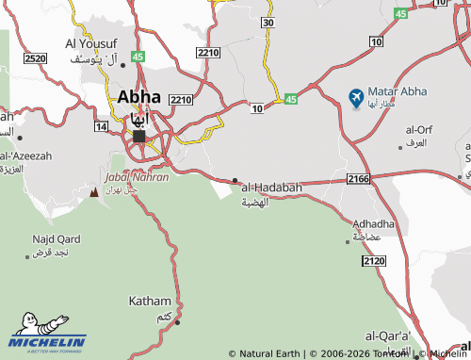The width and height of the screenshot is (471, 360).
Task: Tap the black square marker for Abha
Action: (x=139, y=136)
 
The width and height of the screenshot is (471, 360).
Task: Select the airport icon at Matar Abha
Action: (x=355, y=97)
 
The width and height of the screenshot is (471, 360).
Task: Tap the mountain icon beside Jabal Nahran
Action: (x=93, y=191)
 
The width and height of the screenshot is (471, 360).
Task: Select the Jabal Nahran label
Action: (x=138, y=176)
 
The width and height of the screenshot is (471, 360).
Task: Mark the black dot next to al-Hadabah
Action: (x=235, y=180)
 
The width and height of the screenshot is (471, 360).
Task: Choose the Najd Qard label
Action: (x=56, y=238)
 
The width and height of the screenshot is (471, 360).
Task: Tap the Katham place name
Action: (x=149, y=302)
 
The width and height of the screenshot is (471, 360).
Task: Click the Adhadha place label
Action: (x=374, y=224)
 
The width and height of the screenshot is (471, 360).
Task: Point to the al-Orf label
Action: (x=418, y=129)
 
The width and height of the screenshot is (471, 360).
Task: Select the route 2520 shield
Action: (x=35, y=58)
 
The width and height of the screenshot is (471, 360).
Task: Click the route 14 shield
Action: (x=101, y=125)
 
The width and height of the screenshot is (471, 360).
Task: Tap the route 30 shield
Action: (x=268, y=22)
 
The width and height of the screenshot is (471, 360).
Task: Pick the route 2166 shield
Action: (x=358, y=177)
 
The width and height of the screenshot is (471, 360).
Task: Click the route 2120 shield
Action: (x=373, y=260)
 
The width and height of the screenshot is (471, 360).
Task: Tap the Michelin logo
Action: (x=47, y=340)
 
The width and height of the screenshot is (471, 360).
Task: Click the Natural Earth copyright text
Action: (x=267, y=354)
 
